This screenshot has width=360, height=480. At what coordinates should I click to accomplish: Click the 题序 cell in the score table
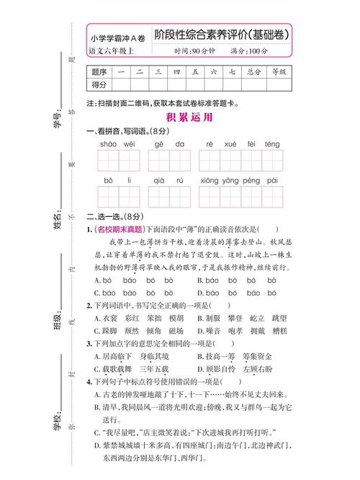100,72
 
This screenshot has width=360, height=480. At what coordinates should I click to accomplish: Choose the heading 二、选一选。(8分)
118,216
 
